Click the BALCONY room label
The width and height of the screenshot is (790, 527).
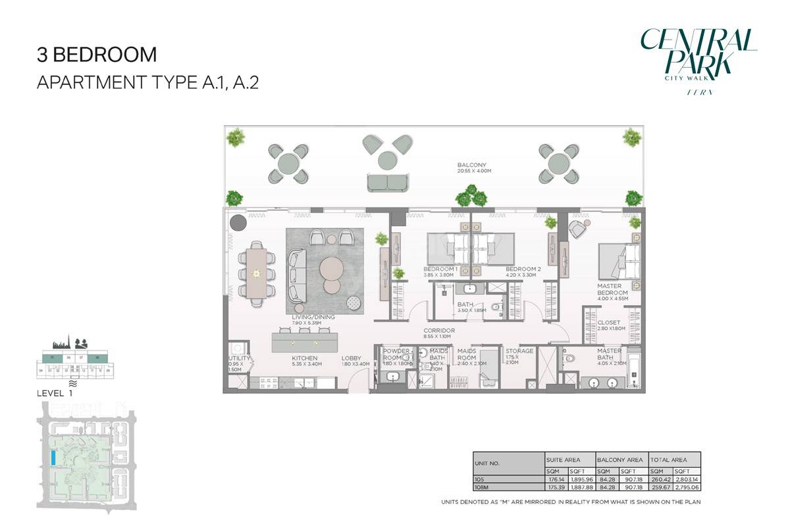click(471, 165)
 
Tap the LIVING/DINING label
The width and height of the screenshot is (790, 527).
click(313, 317)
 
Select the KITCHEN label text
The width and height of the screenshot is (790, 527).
click(305, 360)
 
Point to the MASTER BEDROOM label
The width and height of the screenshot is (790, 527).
click(612, 289)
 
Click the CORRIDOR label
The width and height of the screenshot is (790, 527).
click(439, 331)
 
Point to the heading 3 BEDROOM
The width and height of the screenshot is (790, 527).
click(97, 54)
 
